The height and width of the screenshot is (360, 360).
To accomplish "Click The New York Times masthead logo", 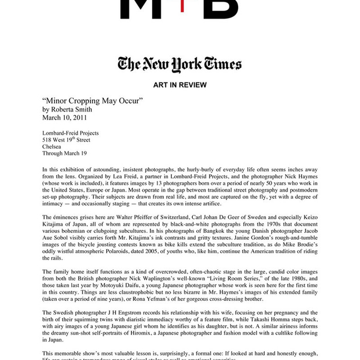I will [179, 63].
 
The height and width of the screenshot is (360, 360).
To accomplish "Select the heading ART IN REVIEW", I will [179, 85].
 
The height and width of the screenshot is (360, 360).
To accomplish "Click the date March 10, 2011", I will [64, 117].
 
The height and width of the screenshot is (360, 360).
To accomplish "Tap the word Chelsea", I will [53, 147].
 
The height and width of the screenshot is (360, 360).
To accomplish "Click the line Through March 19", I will [64, 154].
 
